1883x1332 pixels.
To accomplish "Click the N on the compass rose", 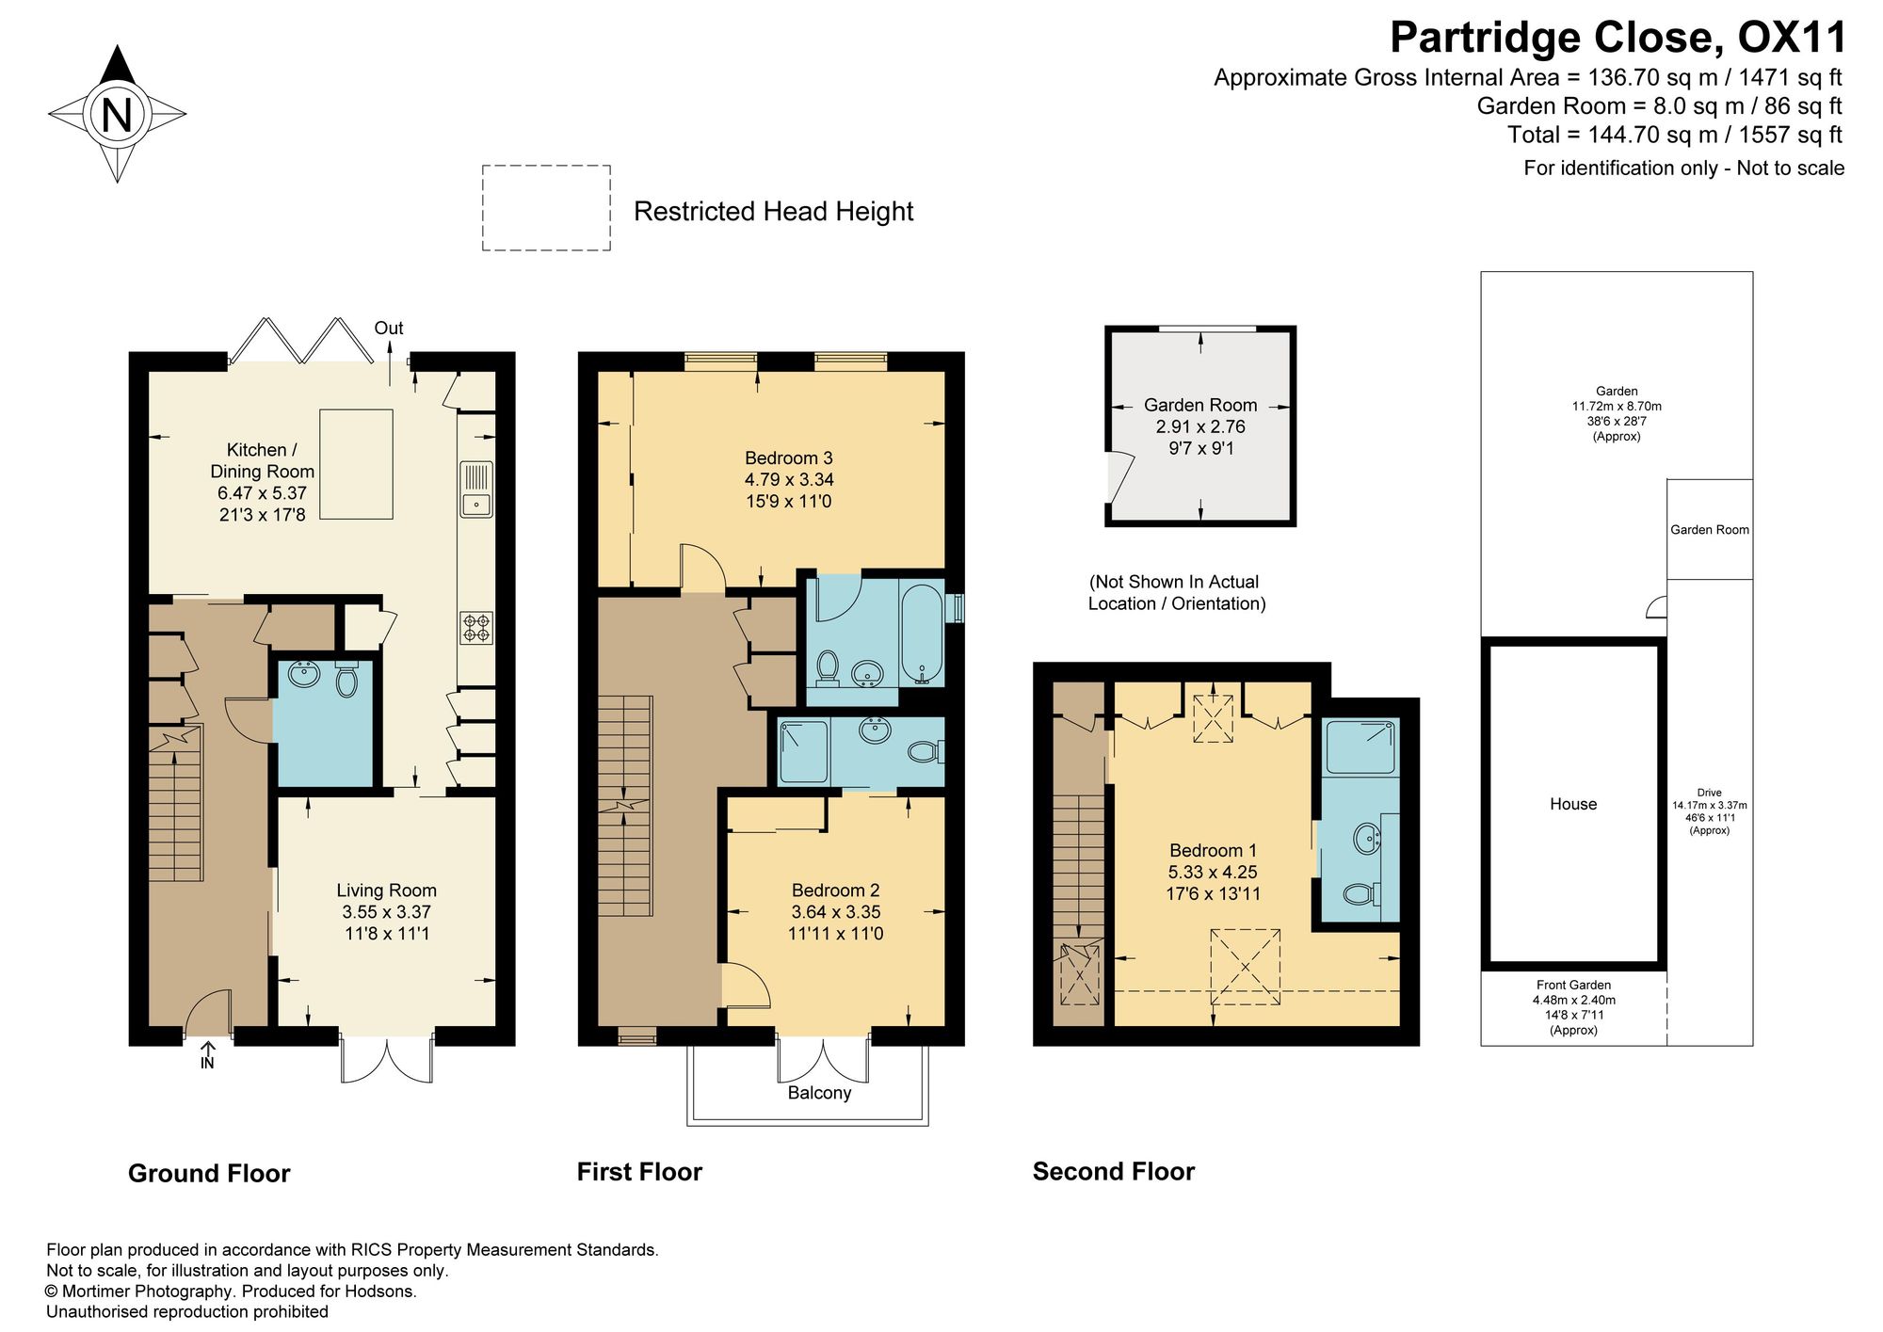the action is click(117, 115).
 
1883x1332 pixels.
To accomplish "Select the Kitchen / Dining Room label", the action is click(262, 461).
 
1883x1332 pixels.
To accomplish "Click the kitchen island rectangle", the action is click(356, 464).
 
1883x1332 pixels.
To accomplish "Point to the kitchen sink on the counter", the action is click(476, 489).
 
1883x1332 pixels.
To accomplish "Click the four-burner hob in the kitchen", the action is click(476, 628).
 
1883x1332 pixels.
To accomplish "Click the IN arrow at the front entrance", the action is click(208, 1054).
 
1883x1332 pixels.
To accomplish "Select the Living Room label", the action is click(387, 891).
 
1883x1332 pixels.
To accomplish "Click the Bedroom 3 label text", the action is click(789, 458).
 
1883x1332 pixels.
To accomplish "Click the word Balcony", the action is click(820, 1093).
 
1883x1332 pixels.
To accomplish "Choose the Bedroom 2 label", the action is click(836, 891).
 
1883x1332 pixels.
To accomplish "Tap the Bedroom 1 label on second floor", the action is click(1214, 850).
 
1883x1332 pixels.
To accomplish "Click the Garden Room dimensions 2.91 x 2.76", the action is click(1200, 426).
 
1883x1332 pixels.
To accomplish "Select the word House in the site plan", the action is click(1573, 804).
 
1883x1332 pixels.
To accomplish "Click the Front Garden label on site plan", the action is click(1574, 985).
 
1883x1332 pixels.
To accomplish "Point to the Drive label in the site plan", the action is click(1710, 793).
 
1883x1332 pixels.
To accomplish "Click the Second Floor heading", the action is click(1114, 1172).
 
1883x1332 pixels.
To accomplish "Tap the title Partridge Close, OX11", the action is click(1618, 39).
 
